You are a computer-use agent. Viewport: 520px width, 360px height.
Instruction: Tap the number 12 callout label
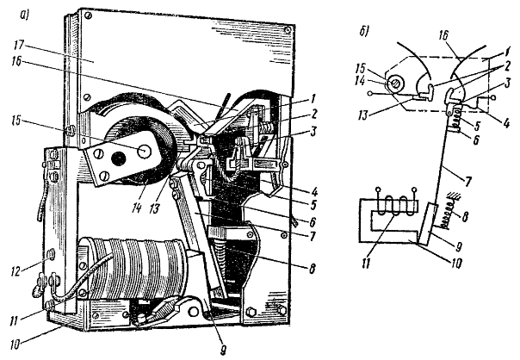point(16,271)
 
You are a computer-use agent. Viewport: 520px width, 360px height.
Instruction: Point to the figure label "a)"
point(25,15)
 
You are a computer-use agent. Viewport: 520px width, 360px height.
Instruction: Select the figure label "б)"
point(364,32)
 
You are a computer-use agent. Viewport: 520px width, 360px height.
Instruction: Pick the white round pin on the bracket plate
point(144,151)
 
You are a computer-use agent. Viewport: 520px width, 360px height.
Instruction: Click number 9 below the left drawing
point(223,350)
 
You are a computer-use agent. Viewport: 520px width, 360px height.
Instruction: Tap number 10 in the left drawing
point(15,344)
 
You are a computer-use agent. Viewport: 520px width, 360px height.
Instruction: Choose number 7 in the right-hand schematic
point(469,181)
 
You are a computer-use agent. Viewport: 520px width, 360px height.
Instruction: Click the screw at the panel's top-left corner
point(88,16)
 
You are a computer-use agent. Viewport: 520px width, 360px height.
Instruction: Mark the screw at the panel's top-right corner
point(288,30)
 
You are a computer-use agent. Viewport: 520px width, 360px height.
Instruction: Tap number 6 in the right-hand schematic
point(475,140)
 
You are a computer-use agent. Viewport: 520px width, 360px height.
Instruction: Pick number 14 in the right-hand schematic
point(361,81)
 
